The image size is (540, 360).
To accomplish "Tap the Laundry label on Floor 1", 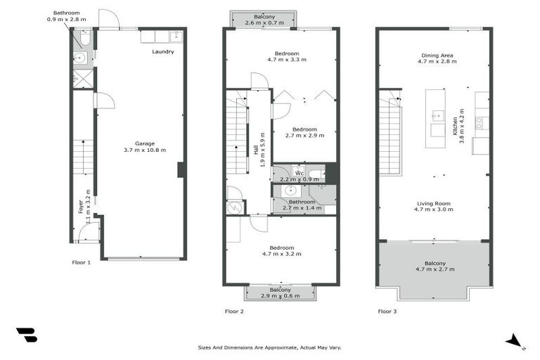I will pyautogui.click(x=162, y=52).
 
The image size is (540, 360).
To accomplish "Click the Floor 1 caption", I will pyautogui.click(x=82, y=262).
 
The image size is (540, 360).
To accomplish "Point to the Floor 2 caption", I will pyautogui.click(x=233, y=311).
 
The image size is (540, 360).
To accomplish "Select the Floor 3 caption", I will pyautogui.click(x=387, y=311).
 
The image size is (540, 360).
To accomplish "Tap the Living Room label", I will pyautogui.click(x=432, y=203).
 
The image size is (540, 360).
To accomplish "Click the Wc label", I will pyautogui.click(x=299, y=172).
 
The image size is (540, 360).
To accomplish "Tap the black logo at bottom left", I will pyautogui.click(x=27, y=335).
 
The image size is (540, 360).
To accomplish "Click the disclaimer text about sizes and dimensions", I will pyautogui.click(x=270, y=347).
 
